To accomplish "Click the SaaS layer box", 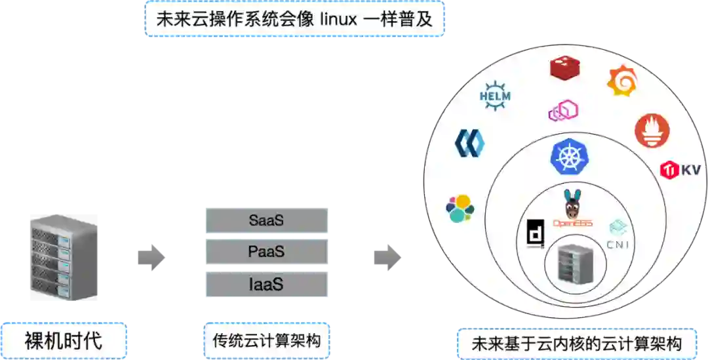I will click(x=266, y=220).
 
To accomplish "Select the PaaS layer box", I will click(x=266, y=252).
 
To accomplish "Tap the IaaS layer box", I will click(x=266, y=284).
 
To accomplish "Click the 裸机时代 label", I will click(x=64, y=340).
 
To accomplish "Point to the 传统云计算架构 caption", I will click(x=266, y=341).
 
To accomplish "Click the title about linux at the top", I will click(x=294, y=19).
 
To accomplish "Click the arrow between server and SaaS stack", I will click(x=151, y=256).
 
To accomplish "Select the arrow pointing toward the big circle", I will click(x=387, y=256).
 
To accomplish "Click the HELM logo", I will click(x=495, y=97).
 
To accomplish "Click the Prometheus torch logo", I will click(x=652, y=130).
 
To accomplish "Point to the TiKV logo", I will click(x=680, y=170).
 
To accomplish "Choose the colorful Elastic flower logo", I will click(x=460, y=209).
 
